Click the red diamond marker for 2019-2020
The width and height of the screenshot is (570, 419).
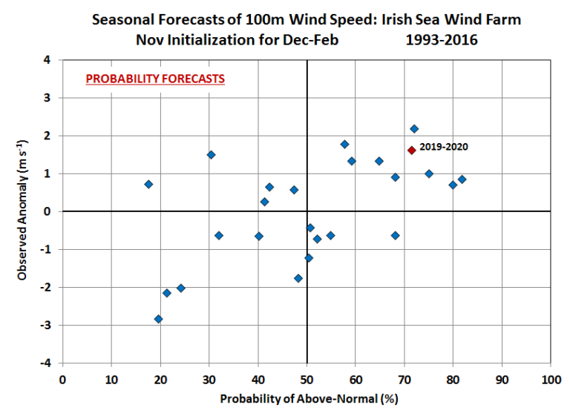[x=411, y=150]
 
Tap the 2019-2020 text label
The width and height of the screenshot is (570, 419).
[x=444, y=148]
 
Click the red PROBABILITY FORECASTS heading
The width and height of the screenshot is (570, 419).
[x=155, y=78]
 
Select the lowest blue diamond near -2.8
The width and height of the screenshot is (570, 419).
[x=158, y=319]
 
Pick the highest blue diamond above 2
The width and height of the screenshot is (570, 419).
[x=414, y=129]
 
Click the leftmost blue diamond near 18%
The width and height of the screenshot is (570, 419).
[x=148, y=184]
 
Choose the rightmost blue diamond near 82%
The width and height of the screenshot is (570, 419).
[x=462, y=179]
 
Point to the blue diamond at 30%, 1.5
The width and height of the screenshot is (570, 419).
[x=211, y=155]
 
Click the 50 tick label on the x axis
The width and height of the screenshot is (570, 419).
[x=307, y=380]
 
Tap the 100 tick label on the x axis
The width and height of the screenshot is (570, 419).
[x=551, y=380]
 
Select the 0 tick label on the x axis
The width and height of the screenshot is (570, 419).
[x=62, y=380]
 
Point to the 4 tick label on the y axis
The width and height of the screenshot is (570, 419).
[x=50, y=60]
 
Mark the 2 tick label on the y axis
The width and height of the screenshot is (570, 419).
[x=50, y=136]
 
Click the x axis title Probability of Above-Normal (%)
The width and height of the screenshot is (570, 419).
[x=306, y=400]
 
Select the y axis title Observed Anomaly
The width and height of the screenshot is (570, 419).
[x=23, y=211]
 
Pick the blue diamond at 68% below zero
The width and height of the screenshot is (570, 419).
[x=395, y=235]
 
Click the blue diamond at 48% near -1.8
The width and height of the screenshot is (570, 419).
[x=298, y=278]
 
